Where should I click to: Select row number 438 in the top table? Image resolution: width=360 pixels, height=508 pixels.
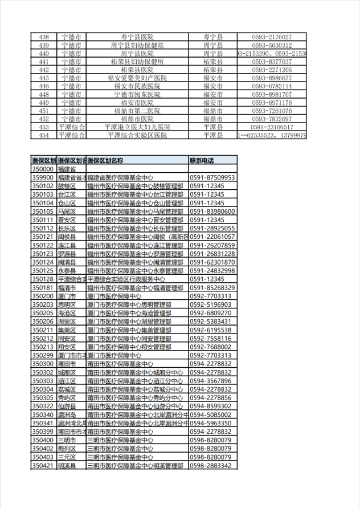(x=44, y=36)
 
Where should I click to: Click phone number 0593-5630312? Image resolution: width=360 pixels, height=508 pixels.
(x=272, y=45)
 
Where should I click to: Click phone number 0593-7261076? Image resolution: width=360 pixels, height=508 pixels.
(x=272, y=111)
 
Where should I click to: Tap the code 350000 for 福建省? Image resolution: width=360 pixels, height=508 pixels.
(x=43, y=169)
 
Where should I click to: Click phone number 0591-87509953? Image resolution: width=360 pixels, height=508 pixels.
(x=212, y=178)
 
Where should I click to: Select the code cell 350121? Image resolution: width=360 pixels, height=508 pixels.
(x=43, y=237)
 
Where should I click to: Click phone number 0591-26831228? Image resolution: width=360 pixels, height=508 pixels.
(x=212, y=254)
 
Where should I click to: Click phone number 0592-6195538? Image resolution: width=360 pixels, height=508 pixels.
(x=210, y=330)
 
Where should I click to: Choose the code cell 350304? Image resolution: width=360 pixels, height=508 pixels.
(x=43, y=389)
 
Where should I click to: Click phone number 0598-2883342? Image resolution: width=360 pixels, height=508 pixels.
(x=210, y=466)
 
